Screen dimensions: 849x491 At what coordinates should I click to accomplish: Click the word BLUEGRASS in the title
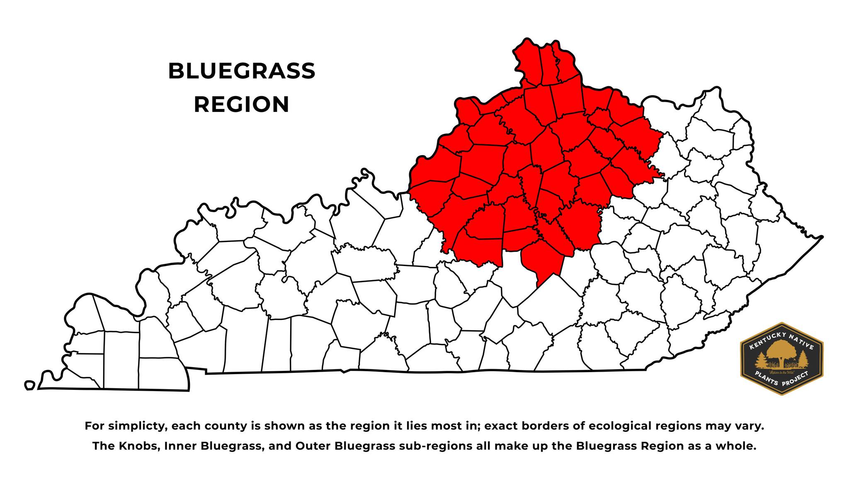[x=242, y=71]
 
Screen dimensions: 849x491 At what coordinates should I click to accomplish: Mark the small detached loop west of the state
[x=29, y=385]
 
